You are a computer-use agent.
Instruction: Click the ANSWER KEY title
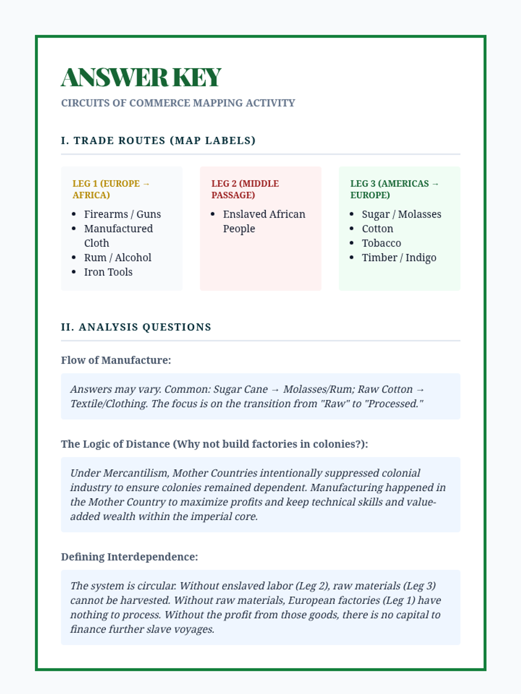click(141, 77)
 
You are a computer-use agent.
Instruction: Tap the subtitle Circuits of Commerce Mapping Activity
click(178, 103)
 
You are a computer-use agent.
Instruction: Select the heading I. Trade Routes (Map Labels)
click(158, 141)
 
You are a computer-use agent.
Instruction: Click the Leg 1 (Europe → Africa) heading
click(111, 189)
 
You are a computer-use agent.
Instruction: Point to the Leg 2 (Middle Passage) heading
click(245, 189)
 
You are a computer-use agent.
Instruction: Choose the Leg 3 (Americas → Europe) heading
click(394, 189)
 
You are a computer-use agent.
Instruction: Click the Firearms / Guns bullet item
click(122, 214)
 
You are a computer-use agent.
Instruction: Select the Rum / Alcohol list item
click(118, 258)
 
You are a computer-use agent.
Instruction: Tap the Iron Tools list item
click(108, 272)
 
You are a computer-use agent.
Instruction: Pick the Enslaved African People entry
click(264, 221)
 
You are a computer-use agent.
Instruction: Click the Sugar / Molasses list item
click(401, 214)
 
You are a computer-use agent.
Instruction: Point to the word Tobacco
click(381, 243)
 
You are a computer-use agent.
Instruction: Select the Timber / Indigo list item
click(399, 258)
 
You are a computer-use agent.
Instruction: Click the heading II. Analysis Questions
click(136, 327)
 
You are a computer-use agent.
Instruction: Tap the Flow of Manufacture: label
click(116, 360)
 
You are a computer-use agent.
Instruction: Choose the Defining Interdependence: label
click(129, 557)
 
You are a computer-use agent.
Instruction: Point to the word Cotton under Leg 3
click(377, 229)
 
